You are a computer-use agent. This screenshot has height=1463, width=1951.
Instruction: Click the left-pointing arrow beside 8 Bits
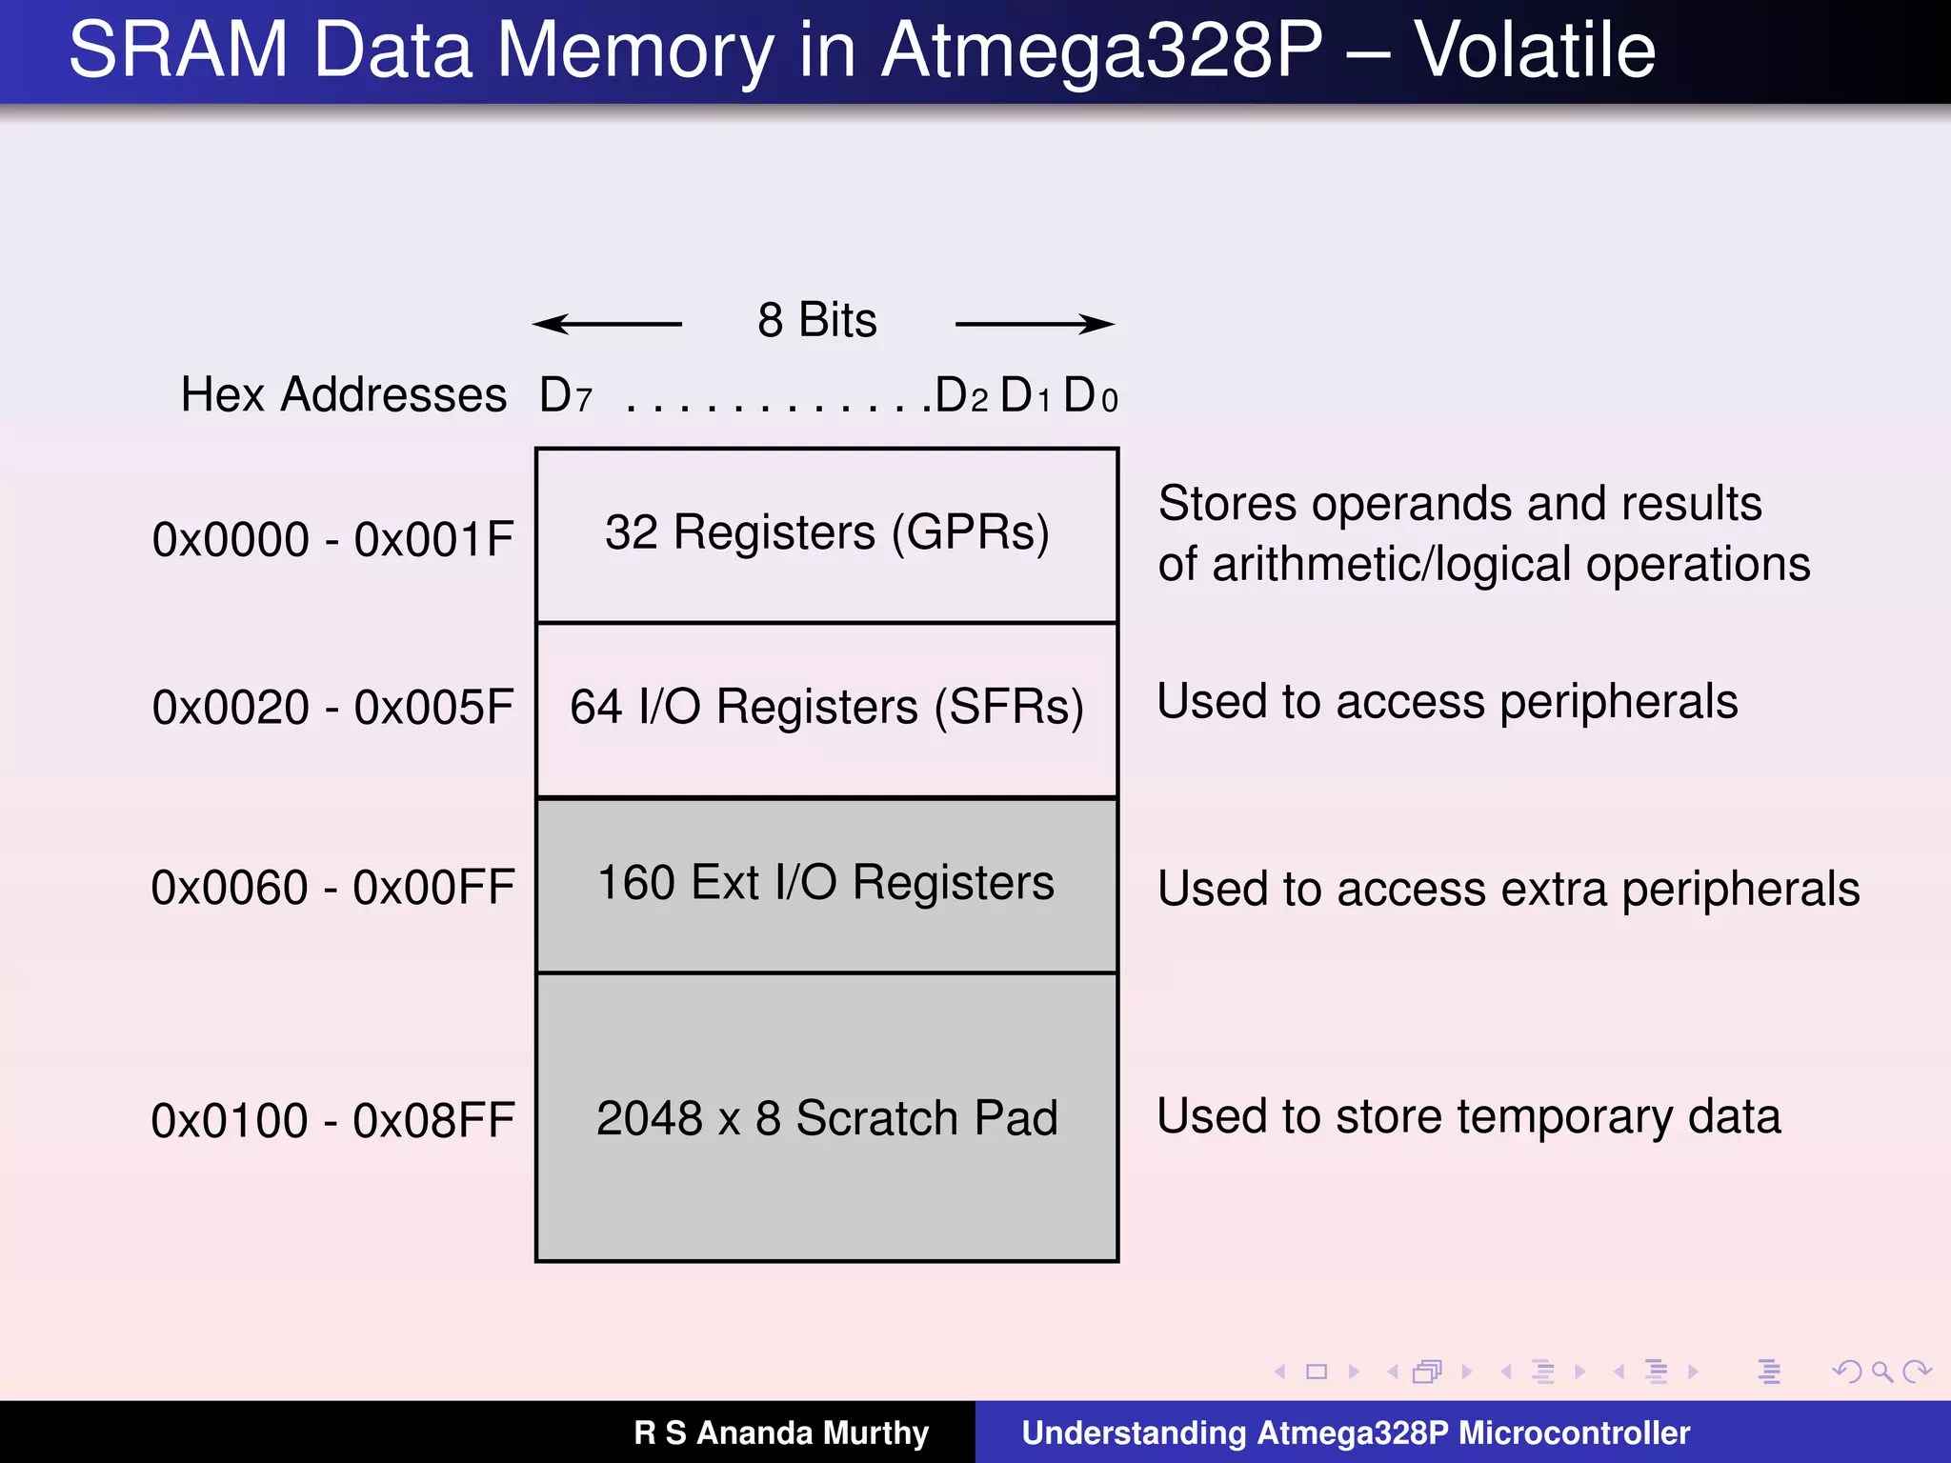(607, 324)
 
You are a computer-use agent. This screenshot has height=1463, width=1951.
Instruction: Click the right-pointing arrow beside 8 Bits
(1035, 324)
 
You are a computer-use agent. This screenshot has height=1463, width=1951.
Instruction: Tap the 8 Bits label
(816, 320)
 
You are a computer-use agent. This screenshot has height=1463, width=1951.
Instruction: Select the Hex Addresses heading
(343, 394)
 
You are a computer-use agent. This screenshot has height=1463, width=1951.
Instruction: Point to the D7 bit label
(565, 395)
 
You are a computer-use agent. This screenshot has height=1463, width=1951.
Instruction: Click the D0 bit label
(1090, 395)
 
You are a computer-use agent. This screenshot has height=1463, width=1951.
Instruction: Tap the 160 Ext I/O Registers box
(826, 883)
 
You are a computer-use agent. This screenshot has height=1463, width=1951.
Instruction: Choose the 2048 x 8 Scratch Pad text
(826, 1118)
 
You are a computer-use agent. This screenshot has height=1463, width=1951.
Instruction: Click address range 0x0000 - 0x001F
(332, 539)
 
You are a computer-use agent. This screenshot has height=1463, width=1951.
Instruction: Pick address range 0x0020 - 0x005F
(332, 708)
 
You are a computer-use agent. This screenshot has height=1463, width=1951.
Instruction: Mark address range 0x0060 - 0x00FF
(332, 888)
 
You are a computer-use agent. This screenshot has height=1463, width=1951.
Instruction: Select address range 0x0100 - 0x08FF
(332, 1120)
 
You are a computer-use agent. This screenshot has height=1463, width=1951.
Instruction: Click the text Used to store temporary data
(1468, 1116)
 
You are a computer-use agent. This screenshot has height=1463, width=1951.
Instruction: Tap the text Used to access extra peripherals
(1508, 889)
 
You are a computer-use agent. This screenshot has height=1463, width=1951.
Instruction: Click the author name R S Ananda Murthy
(781, 1433)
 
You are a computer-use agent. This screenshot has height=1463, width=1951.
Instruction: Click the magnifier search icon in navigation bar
(1881, 1372)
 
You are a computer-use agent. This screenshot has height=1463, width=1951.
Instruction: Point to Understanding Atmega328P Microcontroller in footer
(1356, 1433)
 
